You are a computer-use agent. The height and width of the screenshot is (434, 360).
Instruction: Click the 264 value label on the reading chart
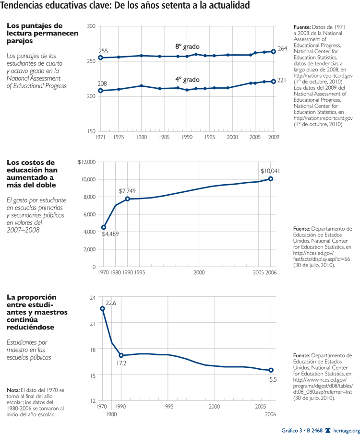point(283,48)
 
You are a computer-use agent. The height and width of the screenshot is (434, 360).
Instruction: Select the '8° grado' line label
point(187,47)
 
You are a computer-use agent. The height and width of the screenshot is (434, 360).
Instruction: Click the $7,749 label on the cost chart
point(127,191)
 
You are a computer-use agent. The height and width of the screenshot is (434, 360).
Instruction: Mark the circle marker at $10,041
point(271,179)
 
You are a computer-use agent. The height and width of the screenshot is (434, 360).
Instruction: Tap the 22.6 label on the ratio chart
point(111,303)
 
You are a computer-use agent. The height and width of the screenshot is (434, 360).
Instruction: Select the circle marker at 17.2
point(121,355)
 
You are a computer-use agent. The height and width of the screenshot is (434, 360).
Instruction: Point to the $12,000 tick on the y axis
point(86,162)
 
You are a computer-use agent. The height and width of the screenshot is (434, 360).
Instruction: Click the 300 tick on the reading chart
point(91,26)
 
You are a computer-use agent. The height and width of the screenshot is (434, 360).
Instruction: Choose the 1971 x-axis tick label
point(100,137)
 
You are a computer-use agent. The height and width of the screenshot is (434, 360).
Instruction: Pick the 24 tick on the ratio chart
point(92,297)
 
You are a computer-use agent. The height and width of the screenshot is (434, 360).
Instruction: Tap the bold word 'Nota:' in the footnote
point(13,390)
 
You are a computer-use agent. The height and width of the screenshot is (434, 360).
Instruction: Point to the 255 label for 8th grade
point(103,51)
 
